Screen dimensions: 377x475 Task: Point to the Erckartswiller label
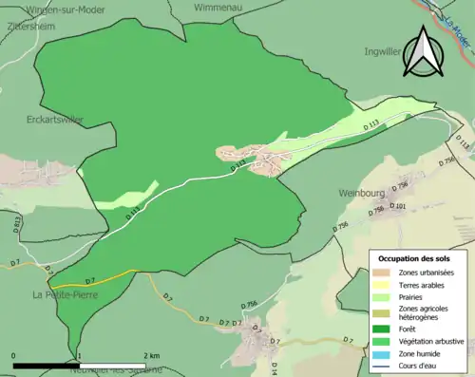pos(55,120)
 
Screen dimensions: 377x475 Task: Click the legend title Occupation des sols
pos(414,258)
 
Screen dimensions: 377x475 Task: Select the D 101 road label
pos(399,206)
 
